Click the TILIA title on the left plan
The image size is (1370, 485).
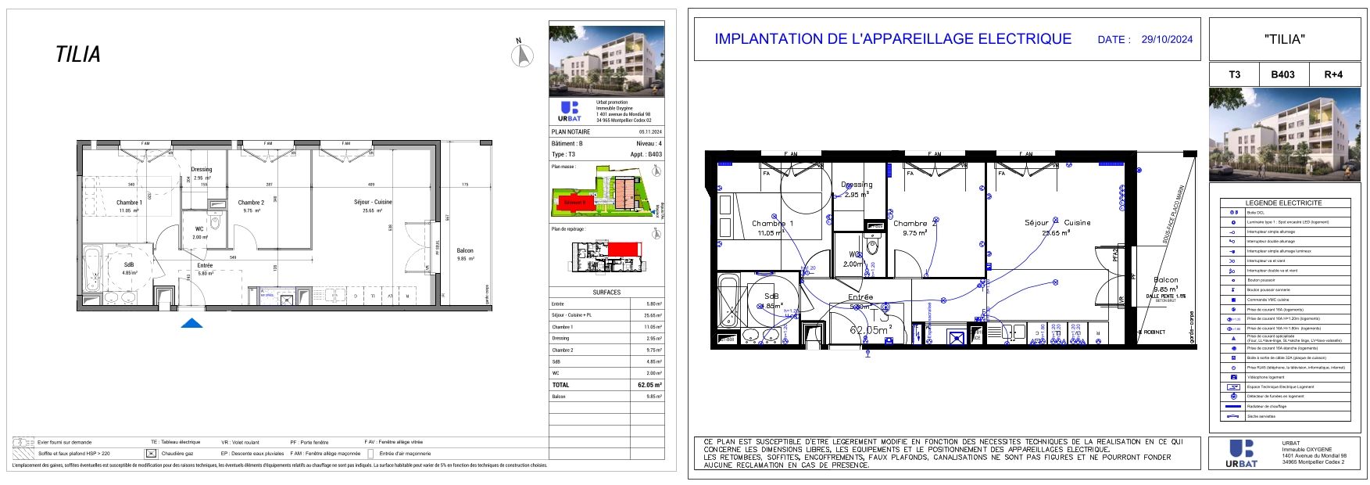pyautogui.click(x=78, y=55)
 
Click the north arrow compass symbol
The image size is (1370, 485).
pyautogui.click(x=522, y=56)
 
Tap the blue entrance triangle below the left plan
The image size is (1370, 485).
pyautogui.click(x=192, y=323)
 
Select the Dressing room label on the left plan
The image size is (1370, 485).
pyautogui.click(x=202, y=169)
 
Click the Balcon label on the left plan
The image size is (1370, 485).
pyautogui.click(x=464, y=251)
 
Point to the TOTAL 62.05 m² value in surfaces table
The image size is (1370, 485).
pyautogui.click(x=649, y=385)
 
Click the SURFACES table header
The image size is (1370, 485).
pyautogui.click(x=606, y=292)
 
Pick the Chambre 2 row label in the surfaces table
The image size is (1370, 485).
pyautogui.click(x=562, y=350)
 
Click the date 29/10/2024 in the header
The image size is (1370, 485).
pyautogui.click(x=1167, y=39)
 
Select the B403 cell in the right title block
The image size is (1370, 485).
pyautogui.click(x=1282, y=75)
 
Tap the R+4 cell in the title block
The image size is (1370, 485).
pyautogui.click(x=1332, y=75)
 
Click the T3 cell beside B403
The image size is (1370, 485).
pyautogui.click(x=1234, y=75)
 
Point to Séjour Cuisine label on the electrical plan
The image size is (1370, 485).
pyautogui.click(x=1057, y=223)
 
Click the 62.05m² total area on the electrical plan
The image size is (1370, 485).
pyautogui.click(x=870, y=331)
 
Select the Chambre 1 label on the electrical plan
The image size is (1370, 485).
pyautogui.click(x=772, y=224)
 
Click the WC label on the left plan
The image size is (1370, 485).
pyautogui.click(x=199, y=229)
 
